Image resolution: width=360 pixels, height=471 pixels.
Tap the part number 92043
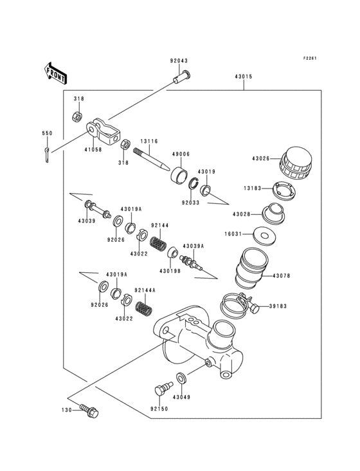[x=179, y=62]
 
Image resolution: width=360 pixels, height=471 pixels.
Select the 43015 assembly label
[x=244, y=77]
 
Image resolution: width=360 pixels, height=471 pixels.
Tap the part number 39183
[x=279, y=307]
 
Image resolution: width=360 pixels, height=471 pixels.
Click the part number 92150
[x=160, y=408]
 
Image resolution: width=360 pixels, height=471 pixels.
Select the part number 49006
[x=181, y=154]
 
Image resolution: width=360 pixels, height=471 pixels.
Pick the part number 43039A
[x=193, y=246]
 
